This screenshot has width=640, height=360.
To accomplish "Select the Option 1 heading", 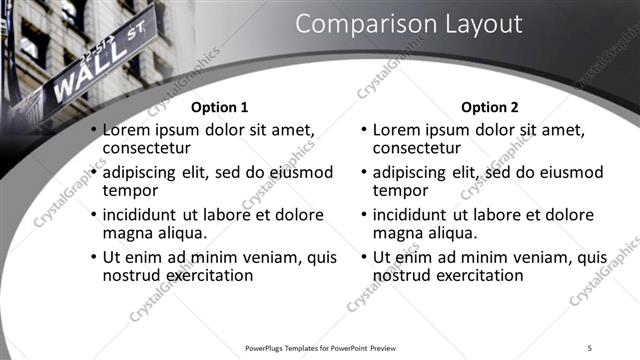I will pos(219,107).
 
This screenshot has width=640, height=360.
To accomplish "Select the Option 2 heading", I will pos(490,107).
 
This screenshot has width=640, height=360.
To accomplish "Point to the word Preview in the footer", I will pos(391,348).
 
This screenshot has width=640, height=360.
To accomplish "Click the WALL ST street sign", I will pos(95,70).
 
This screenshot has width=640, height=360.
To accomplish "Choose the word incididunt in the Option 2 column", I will pos(412,215).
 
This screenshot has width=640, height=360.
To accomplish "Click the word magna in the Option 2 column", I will pos(399,233).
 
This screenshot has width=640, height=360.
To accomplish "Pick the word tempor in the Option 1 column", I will pos(130,190).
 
